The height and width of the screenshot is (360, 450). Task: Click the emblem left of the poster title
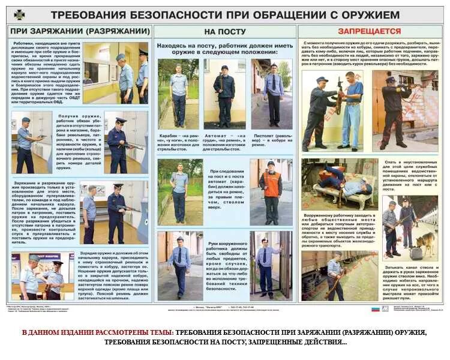pyautogui.click(x=20, y=14)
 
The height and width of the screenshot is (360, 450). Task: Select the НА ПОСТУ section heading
pyautogui.click(x=225, y=31)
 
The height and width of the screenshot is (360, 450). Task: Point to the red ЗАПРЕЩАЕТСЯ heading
pyautogui.click(x=369, y=31)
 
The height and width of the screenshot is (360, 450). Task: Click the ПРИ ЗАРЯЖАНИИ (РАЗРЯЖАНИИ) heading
pyautogui.click(x=80, y=31)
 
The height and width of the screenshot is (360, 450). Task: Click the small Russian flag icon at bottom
pyautogui.click(x=376, y=309)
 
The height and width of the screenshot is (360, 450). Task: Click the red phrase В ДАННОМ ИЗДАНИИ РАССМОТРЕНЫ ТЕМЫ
pyautogui.click(x=98, y=332)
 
